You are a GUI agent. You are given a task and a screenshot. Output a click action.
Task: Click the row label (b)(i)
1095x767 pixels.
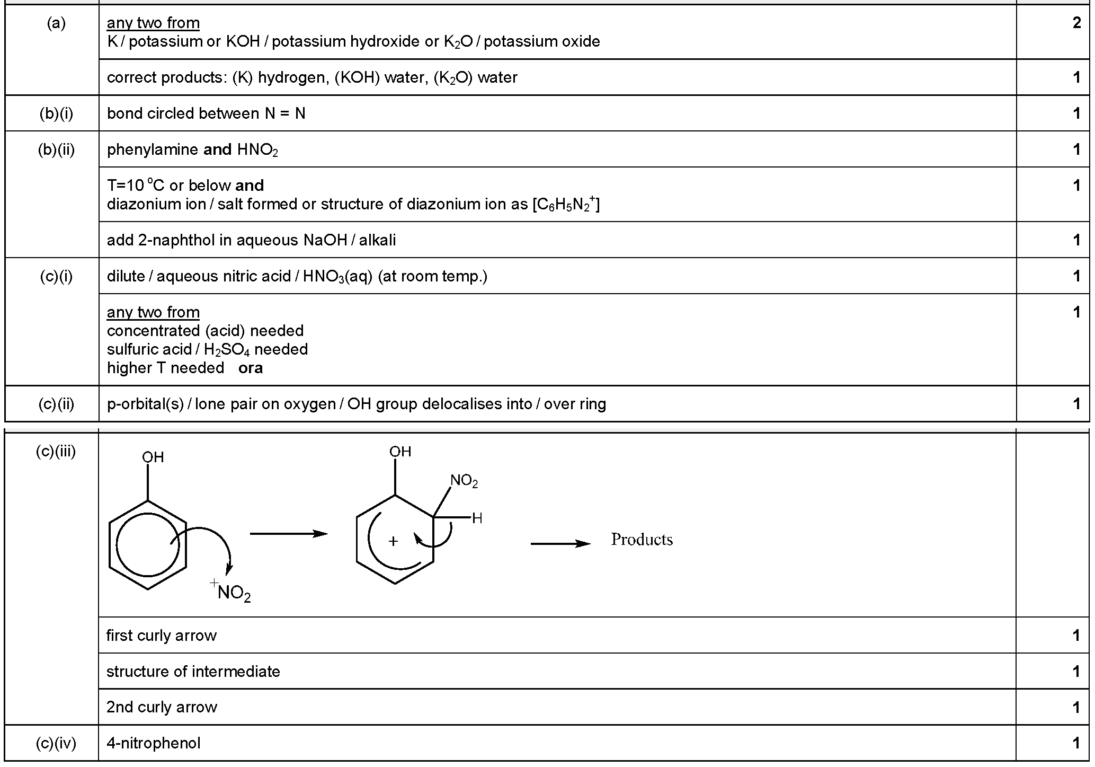coord(56,113)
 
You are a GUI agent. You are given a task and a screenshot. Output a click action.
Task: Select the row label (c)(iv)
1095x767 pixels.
coord(56,743)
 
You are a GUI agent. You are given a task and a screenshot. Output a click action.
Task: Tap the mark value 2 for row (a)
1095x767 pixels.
coord(1076,23)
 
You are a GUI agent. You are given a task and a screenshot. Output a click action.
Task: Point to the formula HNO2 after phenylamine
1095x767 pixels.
coord(257,151)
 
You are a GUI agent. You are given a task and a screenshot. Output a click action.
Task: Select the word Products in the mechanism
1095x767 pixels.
coord(642,540)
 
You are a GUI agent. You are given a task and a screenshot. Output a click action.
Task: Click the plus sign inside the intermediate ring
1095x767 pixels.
coord(393,541)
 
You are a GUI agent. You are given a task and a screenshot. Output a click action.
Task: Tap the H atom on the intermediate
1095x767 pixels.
coord(477,518)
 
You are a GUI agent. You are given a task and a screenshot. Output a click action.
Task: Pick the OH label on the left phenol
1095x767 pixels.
coord(153,457)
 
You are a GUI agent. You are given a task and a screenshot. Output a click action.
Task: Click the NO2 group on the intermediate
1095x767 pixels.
coord(464,481)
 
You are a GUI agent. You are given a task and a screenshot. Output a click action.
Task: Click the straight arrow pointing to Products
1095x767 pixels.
coord(560,543)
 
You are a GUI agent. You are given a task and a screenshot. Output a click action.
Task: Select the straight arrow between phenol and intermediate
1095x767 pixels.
coord(289,533)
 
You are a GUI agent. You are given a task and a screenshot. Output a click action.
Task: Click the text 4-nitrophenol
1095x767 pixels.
coord(154,743)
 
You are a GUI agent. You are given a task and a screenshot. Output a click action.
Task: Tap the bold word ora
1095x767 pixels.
coord(251,368)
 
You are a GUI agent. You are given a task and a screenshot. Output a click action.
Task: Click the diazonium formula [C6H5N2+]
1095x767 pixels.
coord(566,204)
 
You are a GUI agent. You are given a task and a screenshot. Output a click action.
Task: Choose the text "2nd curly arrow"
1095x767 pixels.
coord(162,707)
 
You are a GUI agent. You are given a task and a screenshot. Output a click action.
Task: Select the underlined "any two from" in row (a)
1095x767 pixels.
coord(153,23)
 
